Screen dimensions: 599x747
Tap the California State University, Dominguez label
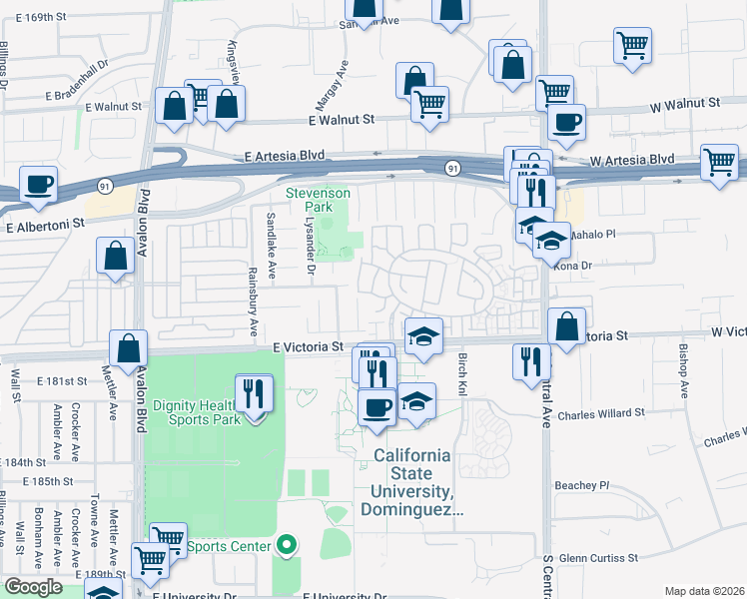pyautogui.click(x=411, y=483)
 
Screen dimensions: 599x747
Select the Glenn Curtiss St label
pyautogui.click(x=598, y=558)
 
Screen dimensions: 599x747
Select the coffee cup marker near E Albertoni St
pyautogui.click(x=38, y=185)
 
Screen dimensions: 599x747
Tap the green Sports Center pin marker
pyautogui.click(x=287, y=545)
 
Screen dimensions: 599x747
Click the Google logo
pyautogui.click(x=33, y=587)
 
